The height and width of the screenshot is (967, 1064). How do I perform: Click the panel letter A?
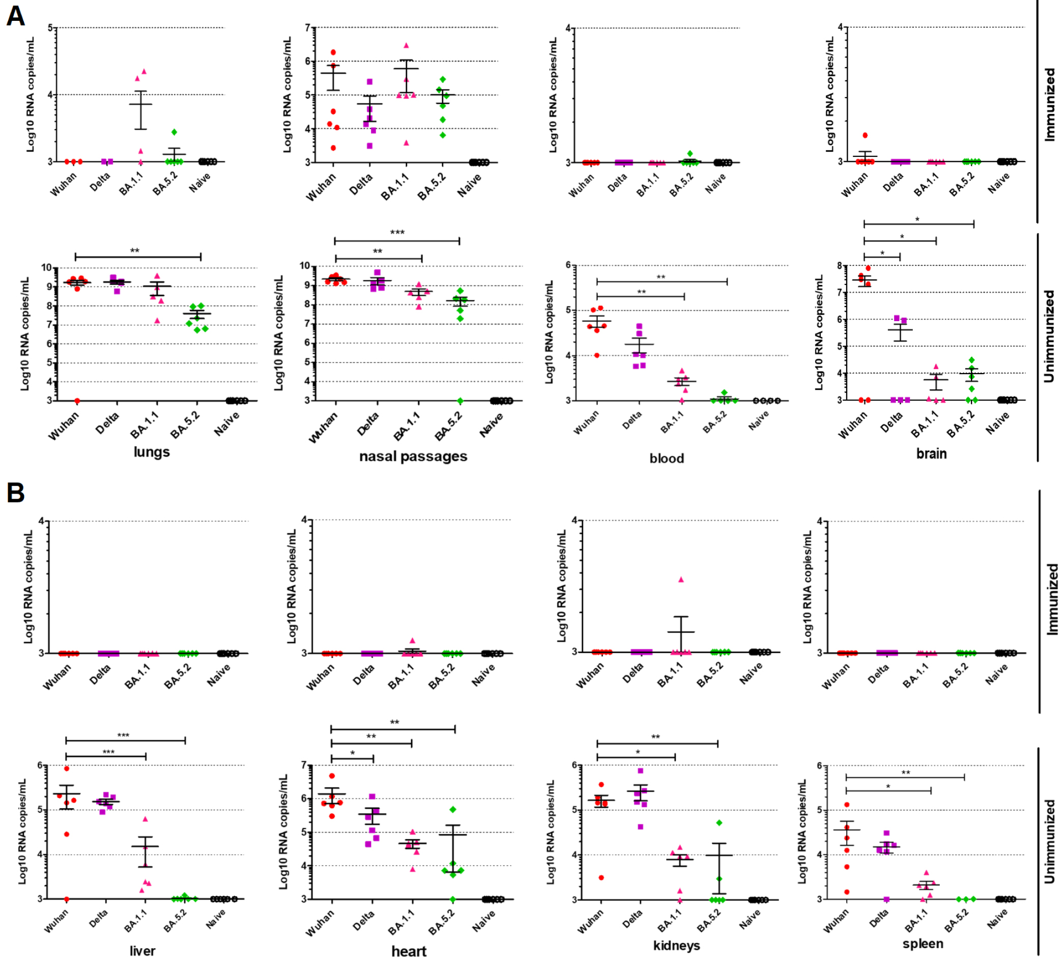coord(15,16)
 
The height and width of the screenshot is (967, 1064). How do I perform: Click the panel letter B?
coord(15,493)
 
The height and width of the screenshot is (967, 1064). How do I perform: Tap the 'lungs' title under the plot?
coord(152,452)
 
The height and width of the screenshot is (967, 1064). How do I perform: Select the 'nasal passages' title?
coord(413,457)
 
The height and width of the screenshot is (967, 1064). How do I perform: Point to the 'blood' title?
coord(667,459)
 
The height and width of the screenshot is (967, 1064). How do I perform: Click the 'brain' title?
coord(932,454)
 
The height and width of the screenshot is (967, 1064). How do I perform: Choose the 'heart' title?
coord(409,952)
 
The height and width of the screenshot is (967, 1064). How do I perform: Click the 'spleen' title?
coord(923,944)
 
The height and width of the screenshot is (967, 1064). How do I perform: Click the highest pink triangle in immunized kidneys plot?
coord(681,580)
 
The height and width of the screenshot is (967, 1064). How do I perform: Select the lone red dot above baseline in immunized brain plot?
coord(865,136)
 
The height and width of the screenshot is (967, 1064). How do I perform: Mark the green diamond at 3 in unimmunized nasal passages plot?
coord(459,401)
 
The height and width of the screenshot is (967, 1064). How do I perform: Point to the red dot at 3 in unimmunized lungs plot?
coord(77,401)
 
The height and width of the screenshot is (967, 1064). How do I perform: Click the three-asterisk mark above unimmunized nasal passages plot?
coord(397,233)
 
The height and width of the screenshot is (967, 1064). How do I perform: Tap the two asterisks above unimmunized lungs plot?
coord(135,251)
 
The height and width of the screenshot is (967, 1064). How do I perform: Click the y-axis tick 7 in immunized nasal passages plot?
coord(307,27)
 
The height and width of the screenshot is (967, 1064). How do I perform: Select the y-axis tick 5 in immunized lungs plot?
coord(51,27)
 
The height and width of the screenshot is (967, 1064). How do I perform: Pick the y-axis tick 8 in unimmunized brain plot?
coord(839,266)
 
